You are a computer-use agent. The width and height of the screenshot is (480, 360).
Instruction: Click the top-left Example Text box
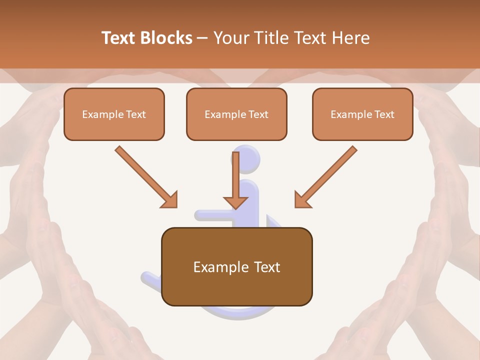114,114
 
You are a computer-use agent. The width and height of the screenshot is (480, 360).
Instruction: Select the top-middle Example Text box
236,114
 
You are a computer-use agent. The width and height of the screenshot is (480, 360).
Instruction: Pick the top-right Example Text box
362,114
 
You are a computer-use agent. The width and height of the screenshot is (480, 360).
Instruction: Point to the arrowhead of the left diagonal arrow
170,200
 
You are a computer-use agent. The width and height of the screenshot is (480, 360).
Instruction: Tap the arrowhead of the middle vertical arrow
235,202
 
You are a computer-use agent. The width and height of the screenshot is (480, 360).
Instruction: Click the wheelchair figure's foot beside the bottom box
151,278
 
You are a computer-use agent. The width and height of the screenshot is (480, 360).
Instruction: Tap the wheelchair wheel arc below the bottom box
240,312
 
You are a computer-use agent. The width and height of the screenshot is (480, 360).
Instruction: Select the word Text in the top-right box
384,114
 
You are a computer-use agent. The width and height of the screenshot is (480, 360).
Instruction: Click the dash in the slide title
203,38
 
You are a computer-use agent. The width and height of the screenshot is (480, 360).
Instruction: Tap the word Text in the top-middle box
258,114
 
